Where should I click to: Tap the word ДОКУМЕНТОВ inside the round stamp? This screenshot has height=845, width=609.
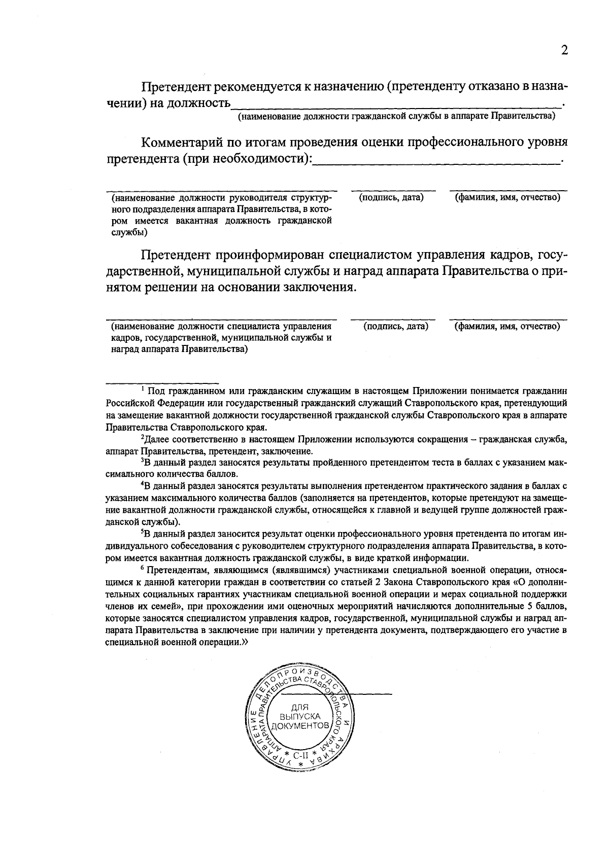298,726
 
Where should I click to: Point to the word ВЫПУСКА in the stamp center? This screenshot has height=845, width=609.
299,716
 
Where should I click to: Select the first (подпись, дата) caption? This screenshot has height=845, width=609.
391,197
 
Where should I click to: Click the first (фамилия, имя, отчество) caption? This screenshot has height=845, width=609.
507,197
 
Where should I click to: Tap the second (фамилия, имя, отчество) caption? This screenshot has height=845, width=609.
507,326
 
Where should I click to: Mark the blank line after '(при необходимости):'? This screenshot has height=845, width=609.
436,162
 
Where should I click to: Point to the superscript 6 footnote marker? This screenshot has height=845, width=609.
143,568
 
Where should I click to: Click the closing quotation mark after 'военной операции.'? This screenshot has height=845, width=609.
246,642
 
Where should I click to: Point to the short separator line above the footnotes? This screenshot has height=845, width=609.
162,382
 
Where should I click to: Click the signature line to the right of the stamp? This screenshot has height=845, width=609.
365,693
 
